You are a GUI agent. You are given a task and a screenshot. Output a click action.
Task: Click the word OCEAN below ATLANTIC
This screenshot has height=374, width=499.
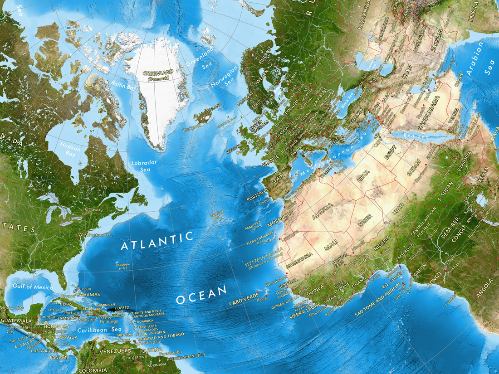pos(201,294)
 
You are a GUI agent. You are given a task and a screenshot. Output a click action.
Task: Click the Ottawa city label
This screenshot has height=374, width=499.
pos(93,209)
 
